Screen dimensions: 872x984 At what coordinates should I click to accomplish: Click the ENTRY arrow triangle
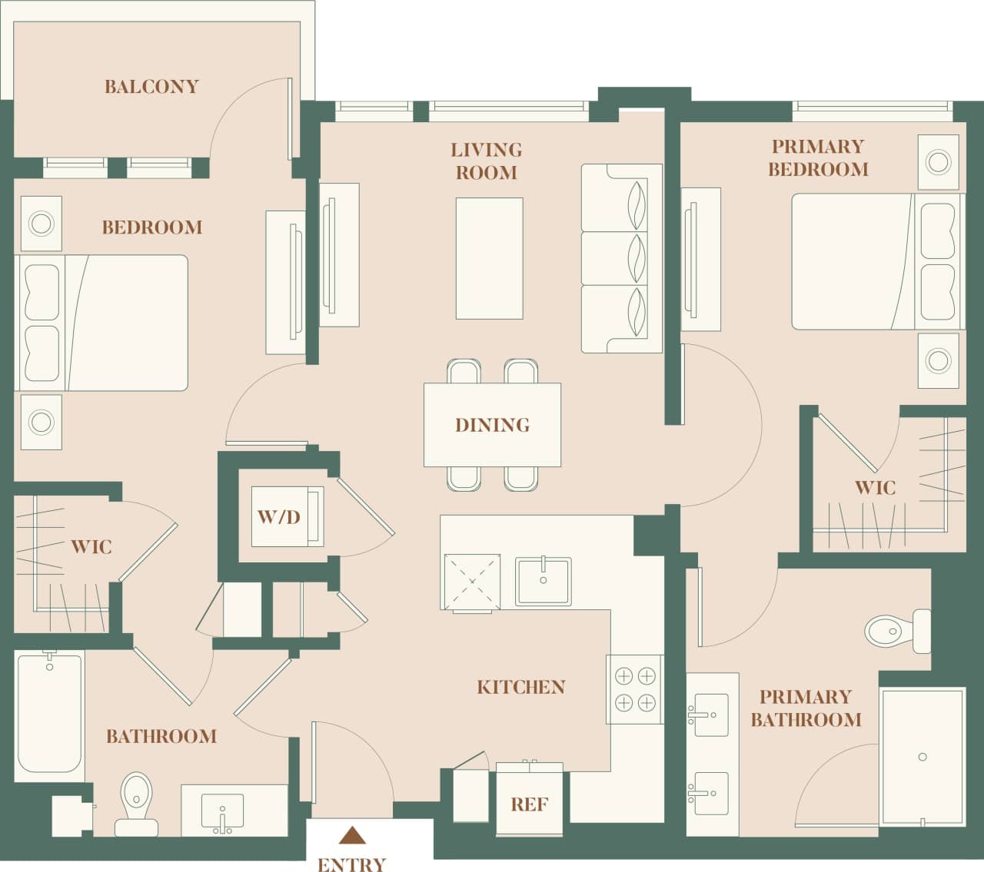click(351, 835)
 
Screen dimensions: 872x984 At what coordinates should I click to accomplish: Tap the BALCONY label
click(151, 86)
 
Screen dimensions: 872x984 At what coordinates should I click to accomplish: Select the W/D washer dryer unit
click(281, 516)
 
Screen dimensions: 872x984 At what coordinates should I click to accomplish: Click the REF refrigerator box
click(530, 804)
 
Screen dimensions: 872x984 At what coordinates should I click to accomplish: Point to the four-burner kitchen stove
click(635, 689)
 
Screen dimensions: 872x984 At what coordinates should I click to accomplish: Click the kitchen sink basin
click(544, 581)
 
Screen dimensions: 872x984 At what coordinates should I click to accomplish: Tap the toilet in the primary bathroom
click(896, 631)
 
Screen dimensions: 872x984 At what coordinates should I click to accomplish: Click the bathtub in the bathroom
click(50, 712)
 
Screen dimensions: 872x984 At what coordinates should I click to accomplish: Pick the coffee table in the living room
click(489, 258)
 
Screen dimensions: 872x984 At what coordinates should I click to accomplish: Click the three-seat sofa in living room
click(621, 258)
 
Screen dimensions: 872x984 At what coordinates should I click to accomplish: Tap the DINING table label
click(492, 425)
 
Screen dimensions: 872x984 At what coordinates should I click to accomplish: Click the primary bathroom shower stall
click(922, 757)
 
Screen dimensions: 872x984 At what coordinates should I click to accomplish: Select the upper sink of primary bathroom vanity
click(708, 715)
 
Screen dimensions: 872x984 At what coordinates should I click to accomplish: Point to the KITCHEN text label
click(521, 687)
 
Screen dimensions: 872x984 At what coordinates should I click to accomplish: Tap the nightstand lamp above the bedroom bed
click(41, 224)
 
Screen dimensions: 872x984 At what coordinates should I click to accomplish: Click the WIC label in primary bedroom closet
click(875, 487)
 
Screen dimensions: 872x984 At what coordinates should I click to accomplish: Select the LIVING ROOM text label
click(486, 161)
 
